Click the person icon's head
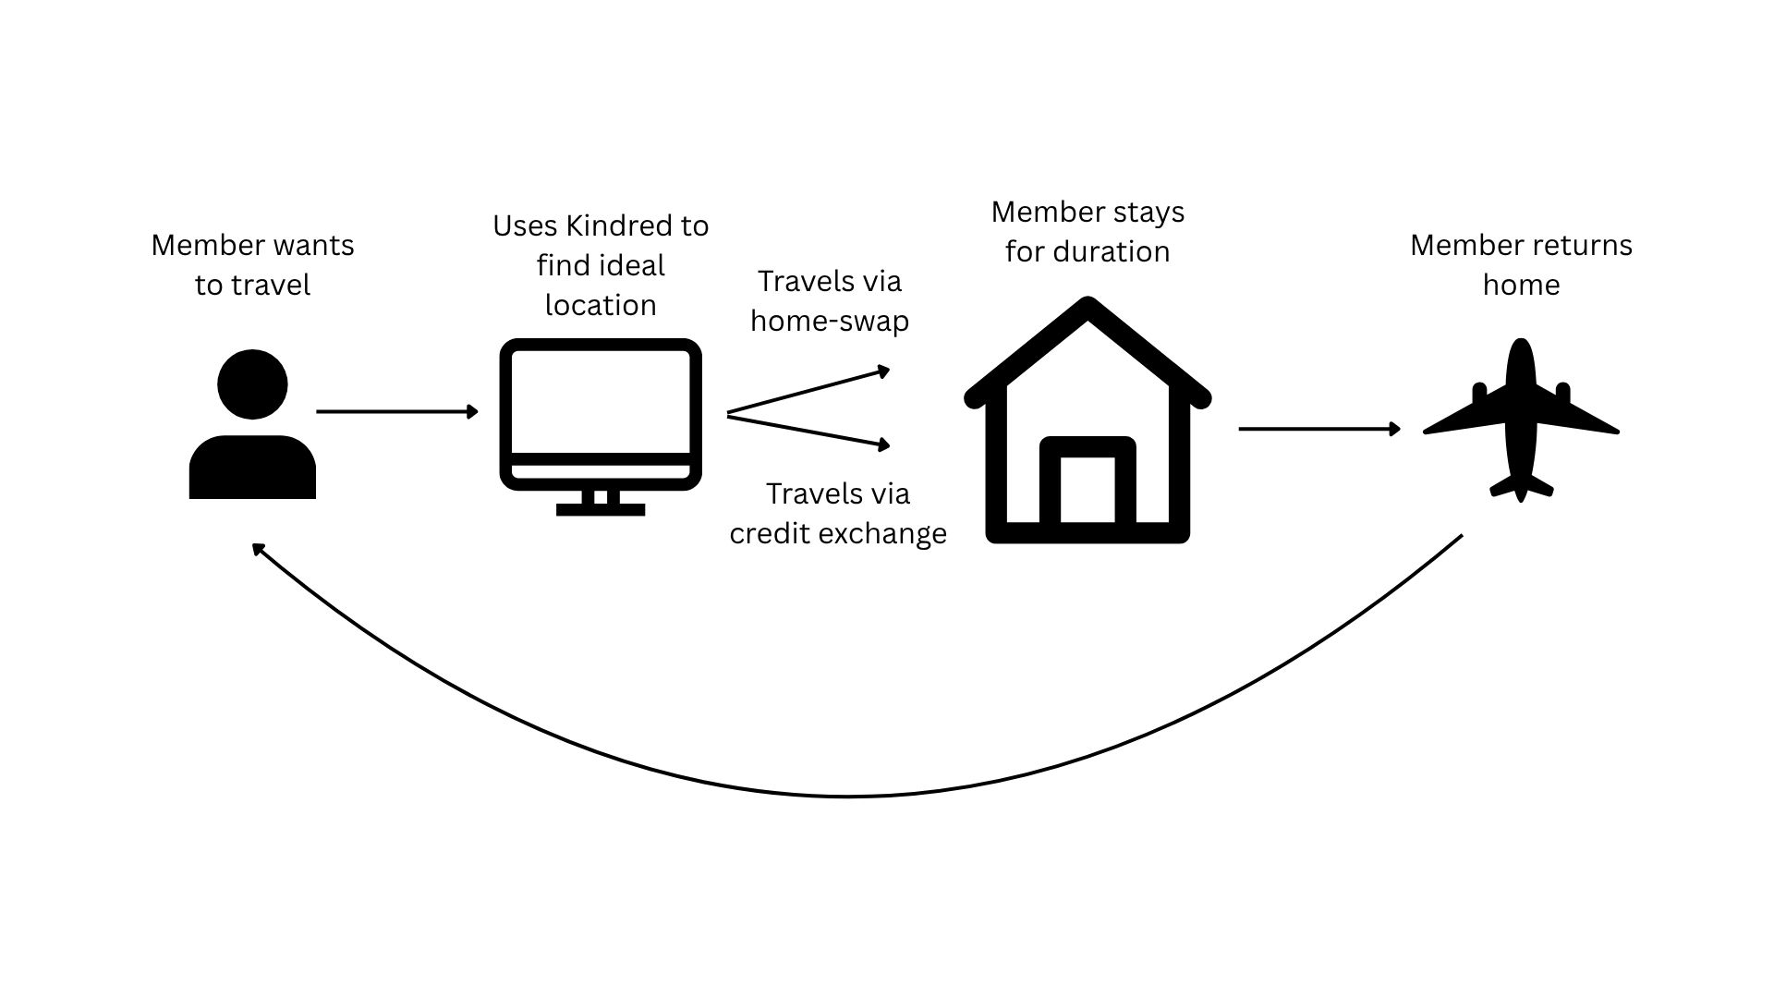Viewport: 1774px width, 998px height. [x=252, y=384]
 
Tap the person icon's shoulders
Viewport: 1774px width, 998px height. [x=252, y=469]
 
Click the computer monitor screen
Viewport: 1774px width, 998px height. [x=601, y=401]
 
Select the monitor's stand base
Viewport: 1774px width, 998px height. [x=601, y=509]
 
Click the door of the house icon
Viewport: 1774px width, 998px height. [x=1087, y=489]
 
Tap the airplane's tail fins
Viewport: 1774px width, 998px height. [x=1521, y=485]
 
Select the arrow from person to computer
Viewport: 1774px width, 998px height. [x=397, y=411]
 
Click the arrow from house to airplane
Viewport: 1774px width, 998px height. [x=1319, y=429]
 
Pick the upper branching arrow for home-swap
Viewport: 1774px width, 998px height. [x=808, y=392]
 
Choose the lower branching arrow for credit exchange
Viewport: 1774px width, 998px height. [x=808, y=432]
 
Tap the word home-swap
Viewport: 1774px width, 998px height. [x=830, y=321]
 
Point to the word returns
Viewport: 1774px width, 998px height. [x=1582, y=245]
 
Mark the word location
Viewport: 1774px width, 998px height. [x=601, y=305]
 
